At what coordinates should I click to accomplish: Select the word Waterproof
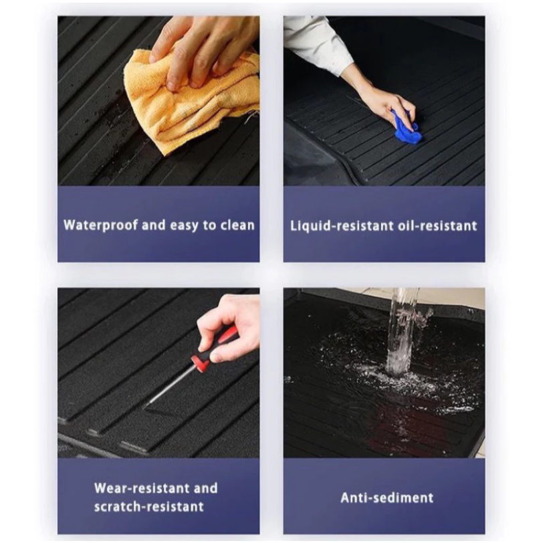pos(101,225)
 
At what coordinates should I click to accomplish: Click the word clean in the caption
pos(238,225)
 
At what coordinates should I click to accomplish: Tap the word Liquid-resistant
pos(342,226)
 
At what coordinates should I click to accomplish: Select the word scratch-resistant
pos(149,507)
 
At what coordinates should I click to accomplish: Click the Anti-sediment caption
pos(387,498)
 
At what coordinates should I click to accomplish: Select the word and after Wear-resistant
pos(206,488)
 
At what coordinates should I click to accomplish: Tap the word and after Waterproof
pos(154,225)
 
